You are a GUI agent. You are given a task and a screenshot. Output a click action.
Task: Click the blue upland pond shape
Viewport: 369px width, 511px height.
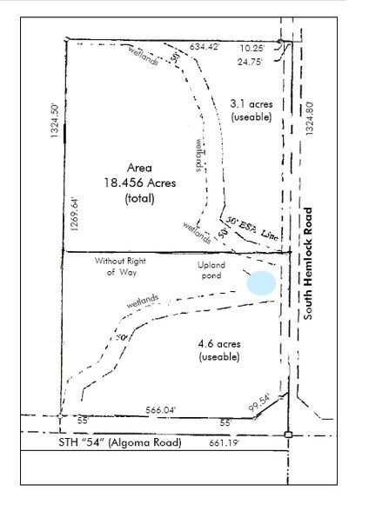click(260, 282)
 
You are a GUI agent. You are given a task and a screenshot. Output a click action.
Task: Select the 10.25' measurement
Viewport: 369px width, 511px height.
click(261, 50)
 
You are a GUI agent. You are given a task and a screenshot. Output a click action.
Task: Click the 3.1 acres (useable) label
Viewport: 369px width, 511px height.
click(251, 110)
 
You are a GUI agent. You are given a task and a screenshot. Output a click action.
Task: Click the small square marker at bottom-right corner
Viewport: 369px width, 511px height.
click(288, 434)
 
